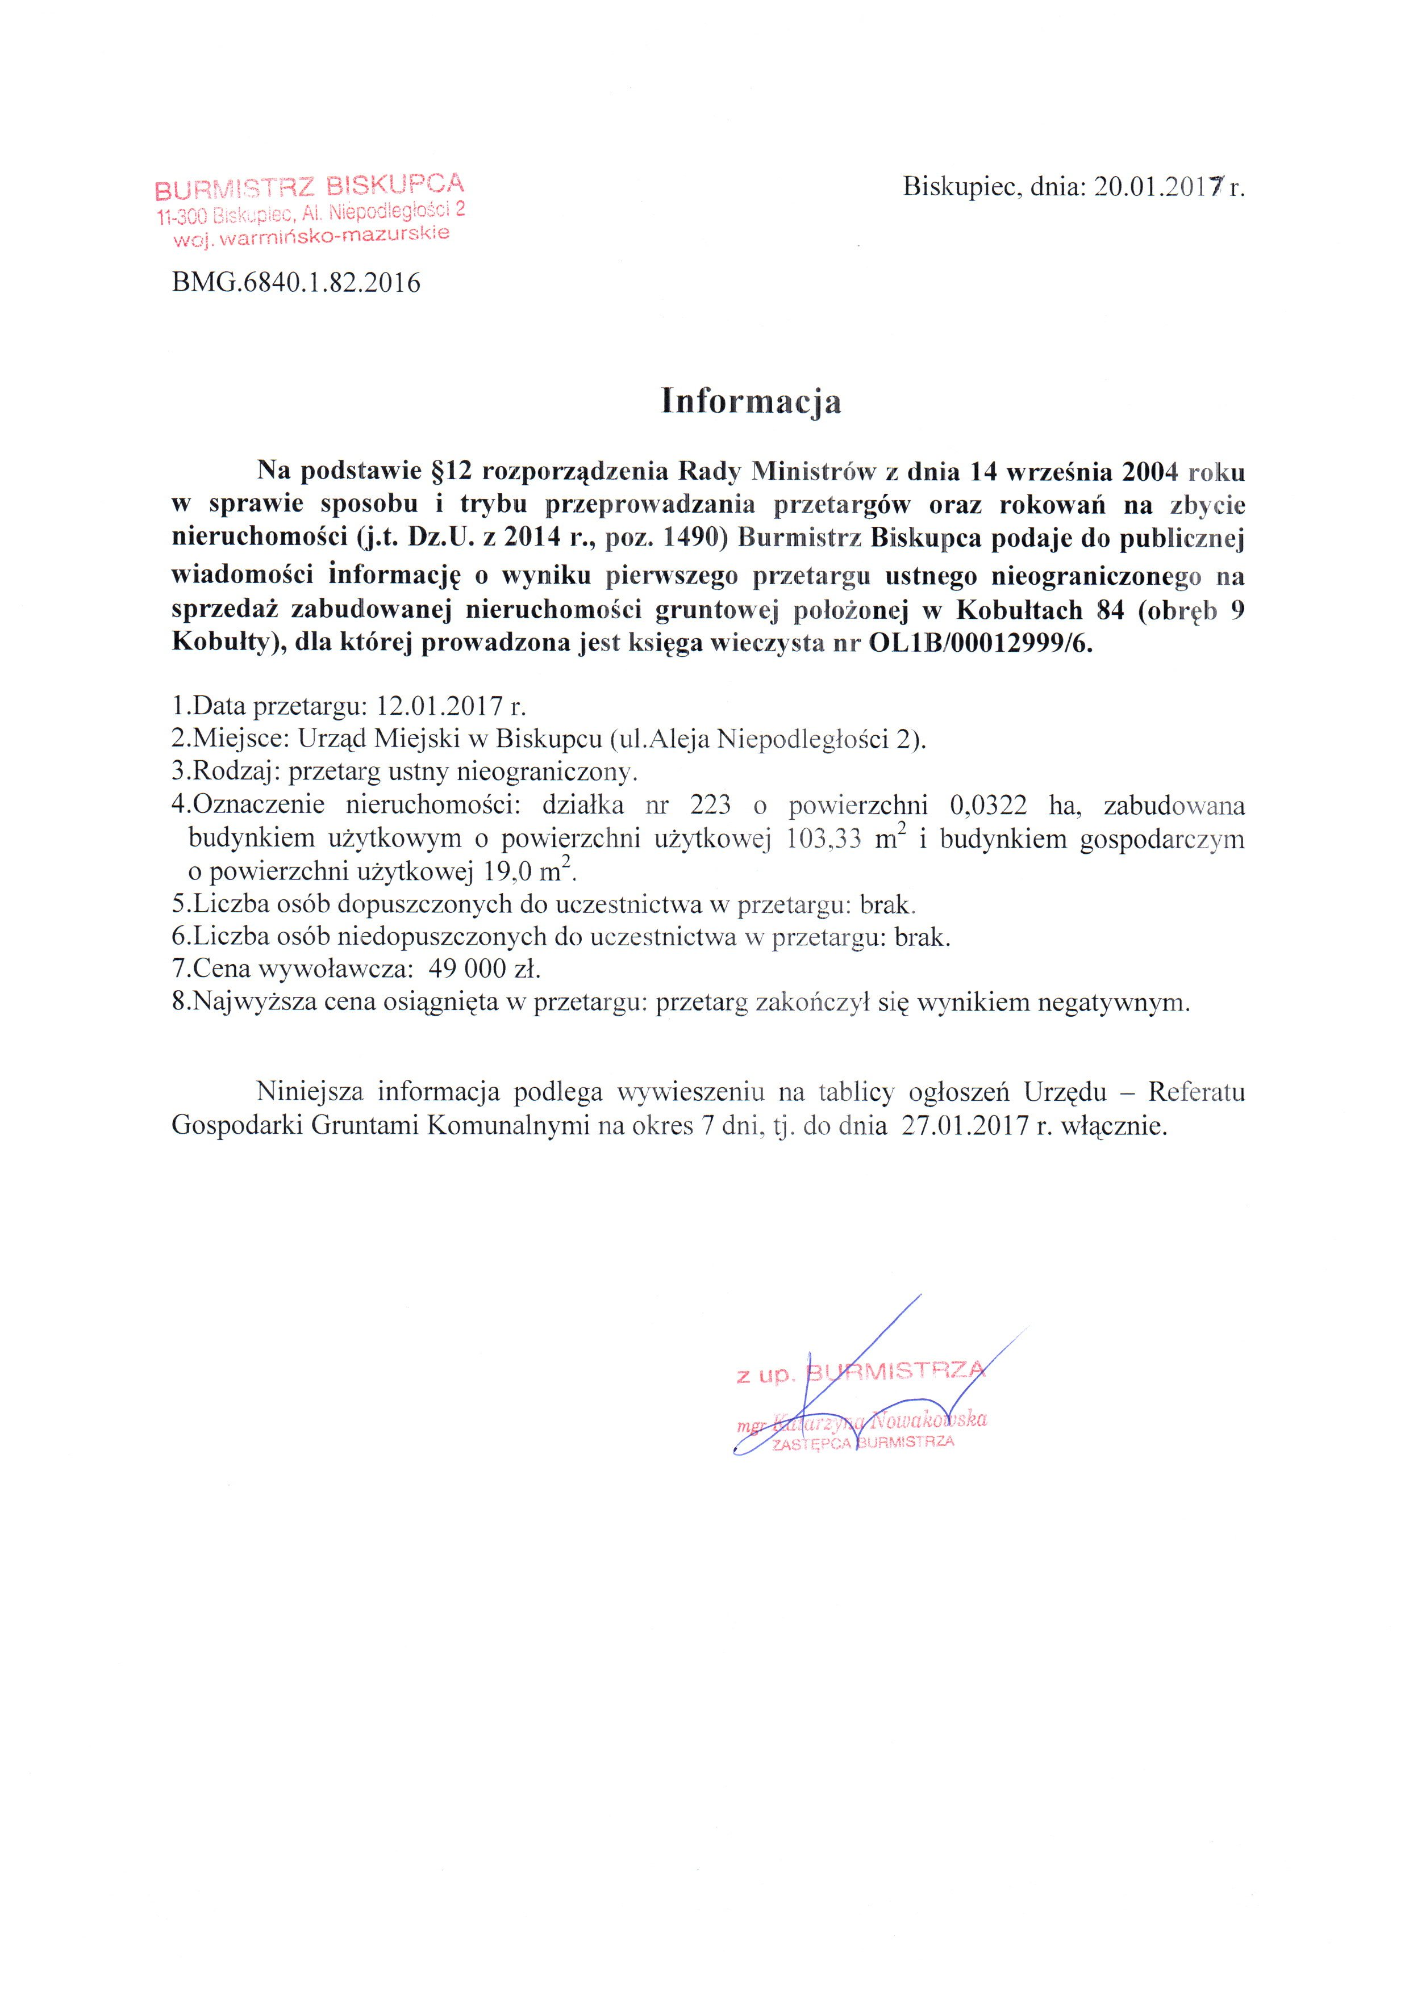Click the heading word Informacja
click(751, 401)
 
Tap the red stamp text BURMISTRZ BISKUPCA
click(309, 186)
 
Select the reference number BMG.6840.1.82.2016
click(296, 283)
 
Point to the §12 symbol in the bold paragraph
click(451, 472)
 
